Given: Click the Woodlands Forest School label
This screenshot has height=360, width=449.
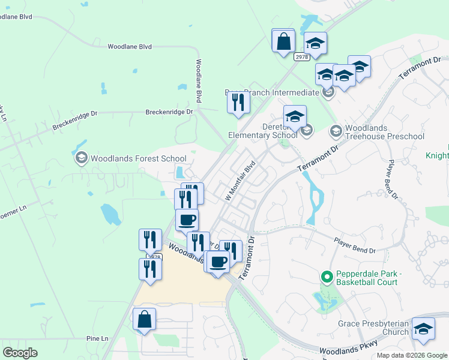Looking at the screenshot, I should click(138, 159).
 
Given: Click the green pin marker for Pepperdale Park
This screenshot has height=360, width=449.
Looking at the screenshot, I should click(327, 277).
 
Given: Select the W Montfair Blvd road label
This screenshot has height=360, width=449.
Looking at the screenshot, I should click(240, 180).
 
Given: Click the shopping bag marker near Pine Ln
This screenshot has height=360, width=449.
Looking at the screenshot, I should click(145, 321).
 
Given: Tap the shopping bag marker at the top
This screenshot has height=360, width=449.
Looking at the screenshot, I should click(283, 42).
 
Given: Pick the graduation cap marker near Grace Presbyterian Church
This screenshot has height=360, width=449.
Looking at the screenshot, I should click(424, 329).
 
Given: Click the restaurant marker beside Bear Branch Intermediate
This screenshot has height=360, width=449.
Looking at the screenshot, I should click(238, 103).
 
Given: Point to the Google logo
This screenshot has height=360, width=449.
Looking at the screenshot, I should click(20, 353).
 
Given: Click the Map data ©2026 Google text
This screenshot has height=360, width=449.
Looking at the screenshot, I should click(412, 355).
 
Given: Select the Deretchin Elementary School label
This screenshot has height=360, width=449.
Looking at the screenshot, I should click(263, 131).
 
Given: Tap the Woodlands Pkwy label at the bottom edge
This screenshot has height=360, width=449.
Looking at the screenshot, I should click(340, 350).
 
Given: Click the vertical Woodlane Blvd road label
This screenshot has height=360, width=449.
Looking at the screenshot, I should click(198, 80).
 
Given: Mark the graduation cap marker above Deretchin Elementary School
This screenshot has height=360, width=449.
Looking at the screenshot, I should click(295, 118).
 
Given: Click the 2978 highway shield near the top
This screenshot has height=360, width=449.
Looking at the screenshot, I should click(301, 57).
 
